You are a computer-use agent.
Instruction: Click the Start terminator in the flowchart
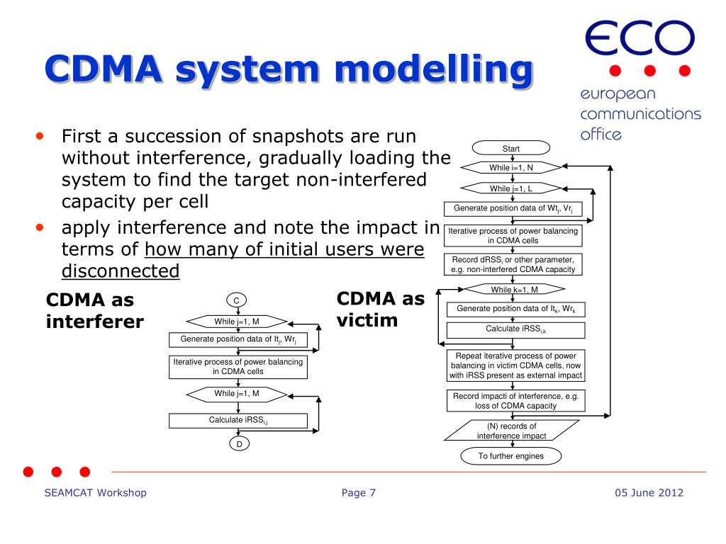(510, 148)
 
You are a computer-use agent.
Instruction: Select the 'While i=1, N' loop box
(511, 168)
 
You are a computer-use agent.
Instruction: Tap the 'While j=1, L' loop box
(511, 188)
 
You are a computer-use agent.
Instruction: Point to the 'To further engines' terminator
(510, 456)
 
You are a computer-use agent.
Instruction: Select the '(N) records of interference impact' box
(511, 431)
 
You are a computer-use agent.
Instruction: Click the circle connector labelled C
(236, 301)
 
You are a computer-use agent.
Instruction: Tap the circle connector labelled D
(239, 444)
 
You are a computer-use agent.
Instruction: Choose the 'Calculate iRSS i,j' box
(238, 421)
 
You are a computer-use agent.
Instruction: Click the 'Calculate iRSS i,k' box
(515, 330)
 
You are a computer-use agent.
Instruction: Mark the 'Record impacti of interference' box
(515, 401)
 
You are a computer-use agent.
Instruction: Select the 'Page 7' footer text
(359, 493)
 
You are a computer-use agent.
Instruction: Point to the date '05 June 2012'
(649, 493)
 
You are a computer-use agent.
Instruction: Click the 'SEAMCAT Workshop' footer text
(95, 493)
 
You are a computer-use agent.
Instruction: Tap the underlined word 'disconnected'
(121, 271)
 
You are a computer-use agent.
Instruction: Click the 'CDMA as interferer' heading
(94, 311)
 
